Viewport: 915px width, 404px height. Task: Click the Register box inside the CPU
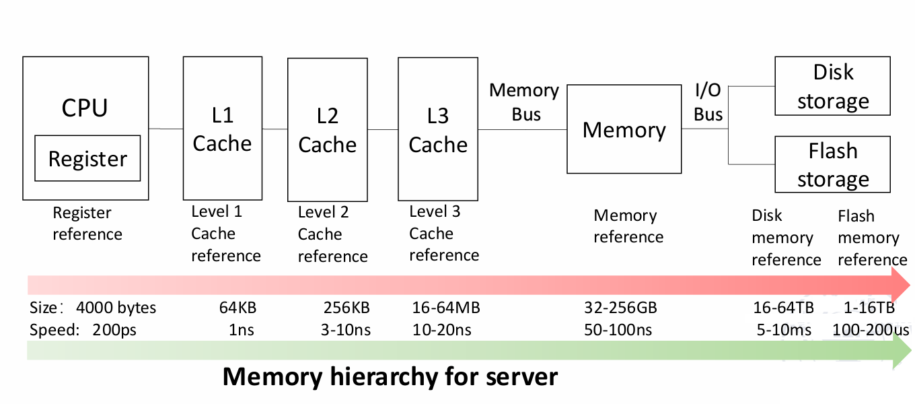pyautogui.click(x=87, y=158)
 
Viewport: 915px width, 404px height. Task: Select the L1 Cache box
pyautogui.click(x=222, y=129)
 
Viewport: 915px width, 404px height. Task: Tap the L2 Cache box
pyautogui.click(x=327, y=129)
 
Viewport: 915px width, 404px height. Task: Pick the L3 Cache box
pyautogui.click(x=438, y=129)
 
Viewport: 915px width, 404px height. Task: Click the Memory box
pyautogui.click(x=624, y=129)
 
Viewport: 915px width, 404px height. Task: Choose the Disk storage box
pyautogui.click(x=832, y=86)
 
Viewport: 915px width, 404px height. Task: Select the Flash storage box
pyautogui.click(x=832, y=165)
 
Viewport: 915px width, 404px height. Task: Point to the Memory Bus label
pyautogui.click(x=524, y=102)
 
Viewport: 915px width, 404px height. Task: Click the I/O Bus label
pyautogui.click(x=708, y=102)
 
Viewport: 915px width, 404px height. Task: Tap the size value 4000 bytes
pyautogui.click(x=116, y=308)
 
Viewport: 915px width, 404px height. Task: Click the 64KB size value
pyautogui.click(x=237, y=308)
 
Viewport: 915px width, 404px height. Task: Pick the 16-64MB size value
pyautogui.click(x=445, y=308)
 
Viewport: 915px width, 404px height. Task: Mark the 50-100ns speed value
pyautogui.click(x=618, y=330)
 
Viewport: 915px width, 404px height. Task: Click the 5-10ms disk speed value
pyautogui.click(x=782, y=330)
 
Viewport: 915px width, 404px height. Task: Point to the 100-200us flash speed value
pyautogui.click(x=871, y=330)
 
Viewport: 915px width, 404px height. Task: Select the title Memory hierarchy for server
pyautogui.click(x=390, y=376)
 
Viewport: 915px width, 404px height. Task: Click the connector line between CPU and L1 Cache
pyautogui.click(x=166, y=129)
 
